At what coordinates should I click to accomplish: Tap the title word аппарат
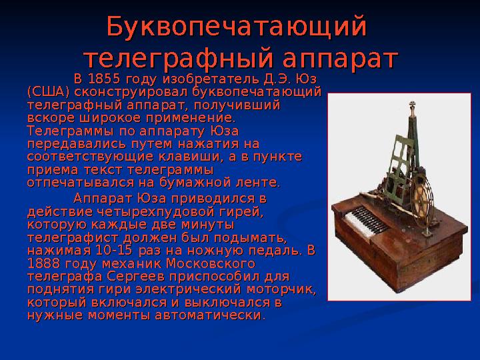[333, 57]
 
